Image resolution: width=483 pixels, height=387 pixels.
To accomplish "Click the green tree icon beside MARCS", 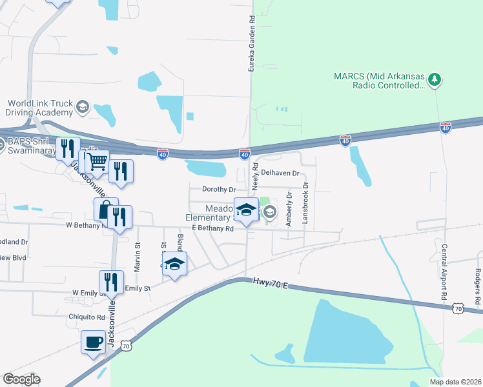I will [x=436, y=79].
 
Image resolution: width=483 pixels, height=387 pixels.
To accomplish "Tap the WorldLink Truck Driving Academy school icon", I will [x=83, y=107].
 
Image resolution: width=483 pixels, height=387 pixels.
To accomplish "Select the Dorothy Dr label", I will [x=219, y=190].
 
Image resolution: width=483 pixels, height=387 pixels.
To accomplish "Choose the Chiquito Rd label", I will [x=87, y=317].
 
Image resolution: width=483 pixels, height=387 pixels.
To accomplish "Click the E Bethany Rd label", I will [x=212, y=228].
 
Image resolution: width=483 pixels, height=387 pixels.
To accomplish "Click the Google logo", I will [x=21, y=379].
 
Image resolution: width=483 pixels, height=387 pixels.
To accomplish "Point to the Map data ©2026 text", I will [x=455, y=382].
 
